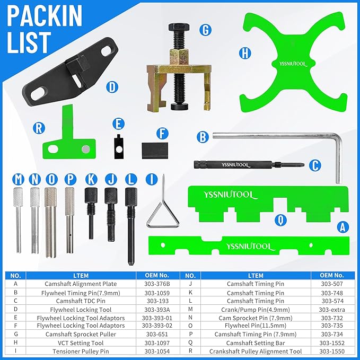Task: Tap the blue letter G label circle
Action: tap(205, 30)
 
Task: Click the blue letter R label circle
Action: tap(38, 127)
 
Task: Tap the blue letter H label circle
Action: tap(244, 52)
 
